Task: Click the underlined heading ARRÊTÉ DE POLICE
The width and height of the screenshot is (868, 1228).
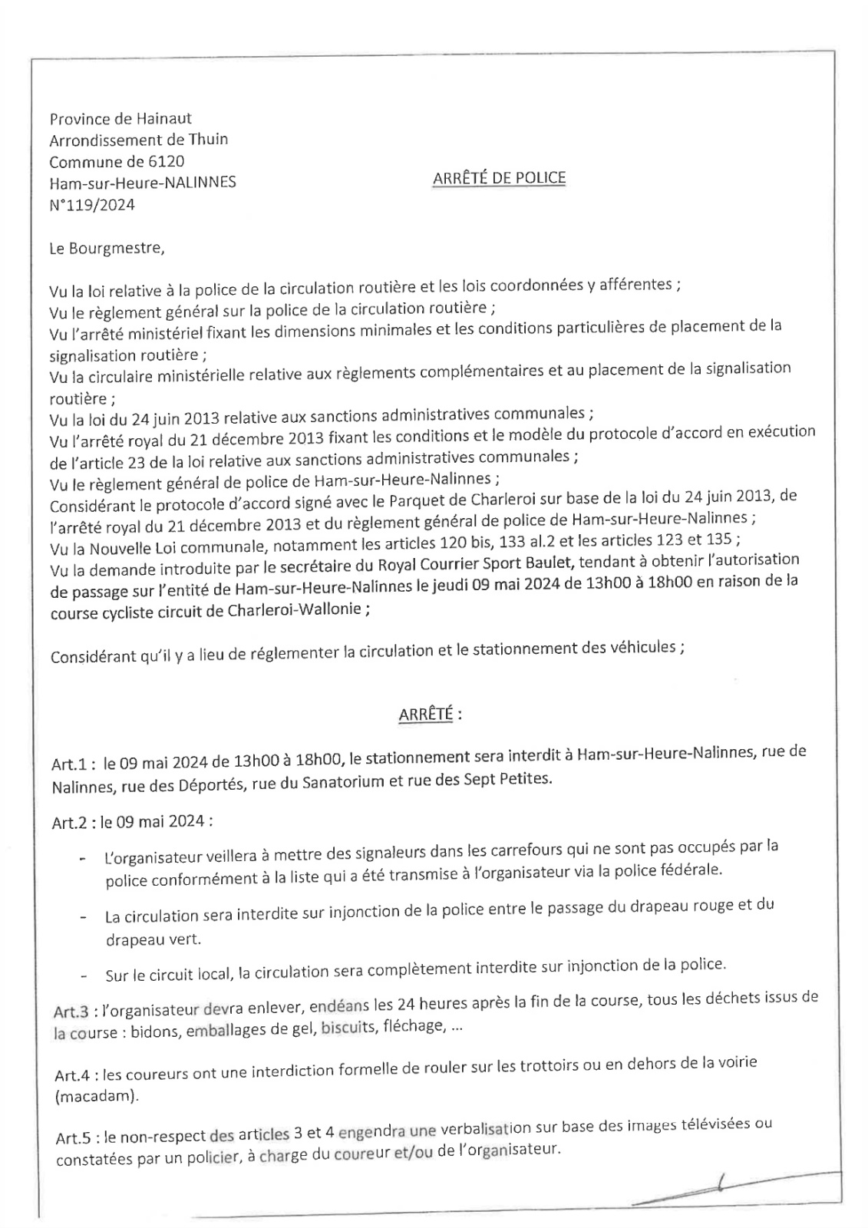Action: pos(499,178)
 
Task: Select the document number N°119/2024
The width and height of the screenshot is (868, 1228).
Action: pos(92,205)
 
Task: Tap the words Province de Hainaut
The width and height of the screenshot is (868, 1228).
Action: pos(120,118)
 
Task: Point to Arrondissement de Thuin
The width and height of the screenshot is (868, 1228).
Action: pos(138,140)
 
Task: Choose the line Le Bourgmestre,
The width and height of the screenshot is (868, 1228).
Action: pos(107,249)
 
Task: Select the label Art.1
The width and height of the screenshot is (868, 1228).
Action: pos(71,764)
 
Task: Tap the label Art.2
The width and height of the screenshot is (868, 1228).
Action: pos(71,822)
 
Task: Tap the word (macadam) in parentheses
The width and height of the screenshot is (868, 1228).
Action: pos(97,1097)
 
